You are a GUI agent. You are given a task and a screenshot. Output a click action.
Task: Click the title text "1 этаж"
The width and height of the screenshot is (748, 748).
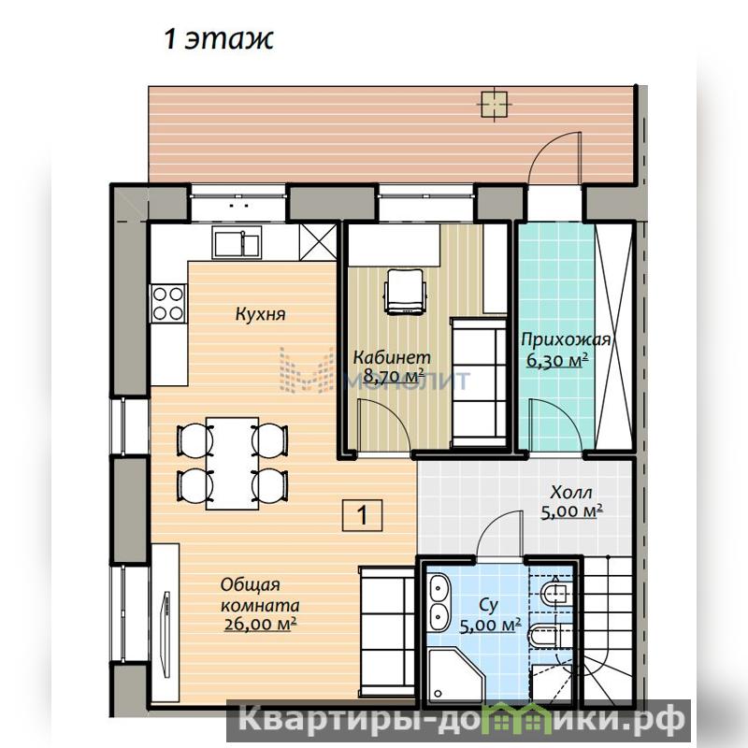click(219, 39)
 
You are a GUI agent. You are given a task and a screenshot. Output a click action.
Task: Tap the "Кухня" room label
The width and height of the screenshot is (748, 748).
click(261, 314)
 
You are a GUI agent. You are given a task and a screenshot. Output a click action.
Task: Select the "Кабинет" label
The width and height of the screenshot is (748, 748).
click(392, 357)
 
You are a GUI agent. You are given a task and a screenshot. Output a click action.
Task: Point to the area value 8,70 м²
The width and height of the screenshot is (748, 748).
click(394, 377)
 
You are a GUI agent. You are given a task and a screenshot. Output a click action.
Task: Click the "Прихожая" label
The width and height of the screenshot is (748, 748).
click(566, 339)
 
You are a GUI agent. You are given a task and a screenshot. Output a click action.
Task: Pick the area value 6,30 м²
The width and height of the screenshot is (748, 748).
click(556, 360)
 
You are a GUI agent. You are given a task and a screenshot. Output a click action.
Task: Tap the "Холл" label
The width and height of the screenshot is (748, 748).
click(571, 492)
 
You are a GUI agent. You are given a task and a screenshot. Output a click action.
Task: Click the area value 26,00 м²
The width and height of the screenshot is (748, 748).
click(260, 624)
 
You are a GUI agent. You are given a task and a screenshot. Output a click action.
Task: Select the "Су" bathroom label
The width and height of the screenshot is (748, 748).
click(488, 605)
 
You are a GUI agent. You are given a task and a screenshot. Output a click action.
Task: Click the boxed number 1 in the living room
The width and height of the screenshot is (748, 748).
click(362, 515)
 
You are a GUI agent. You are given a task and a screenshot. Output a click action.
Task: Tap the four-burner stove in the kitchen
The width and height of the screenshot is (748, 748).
click(168, 303)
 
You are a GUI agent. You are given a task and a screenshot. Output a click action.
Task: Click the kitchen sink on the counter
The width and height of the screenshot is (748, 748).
click(237, 242)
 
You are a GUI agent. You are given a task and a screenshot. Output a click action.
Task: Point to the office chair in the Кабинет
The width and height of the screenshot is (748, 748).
click(405, 292)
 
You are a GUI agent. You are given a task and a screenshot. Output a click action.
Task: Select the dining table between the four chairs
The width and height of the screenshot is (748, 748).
click(232, 464)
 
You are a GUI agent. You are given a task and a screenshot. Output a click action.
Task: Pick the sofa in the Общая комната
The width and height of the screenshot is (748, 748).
click(386, 632)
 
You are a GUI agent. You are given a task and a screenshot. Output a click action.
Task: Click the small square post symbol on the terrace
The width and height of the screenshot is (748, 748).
click(494, 105)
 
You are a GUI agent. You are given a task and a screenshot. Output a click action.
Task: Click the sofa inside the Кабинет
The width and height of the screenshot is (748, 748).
click(479, 383)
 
